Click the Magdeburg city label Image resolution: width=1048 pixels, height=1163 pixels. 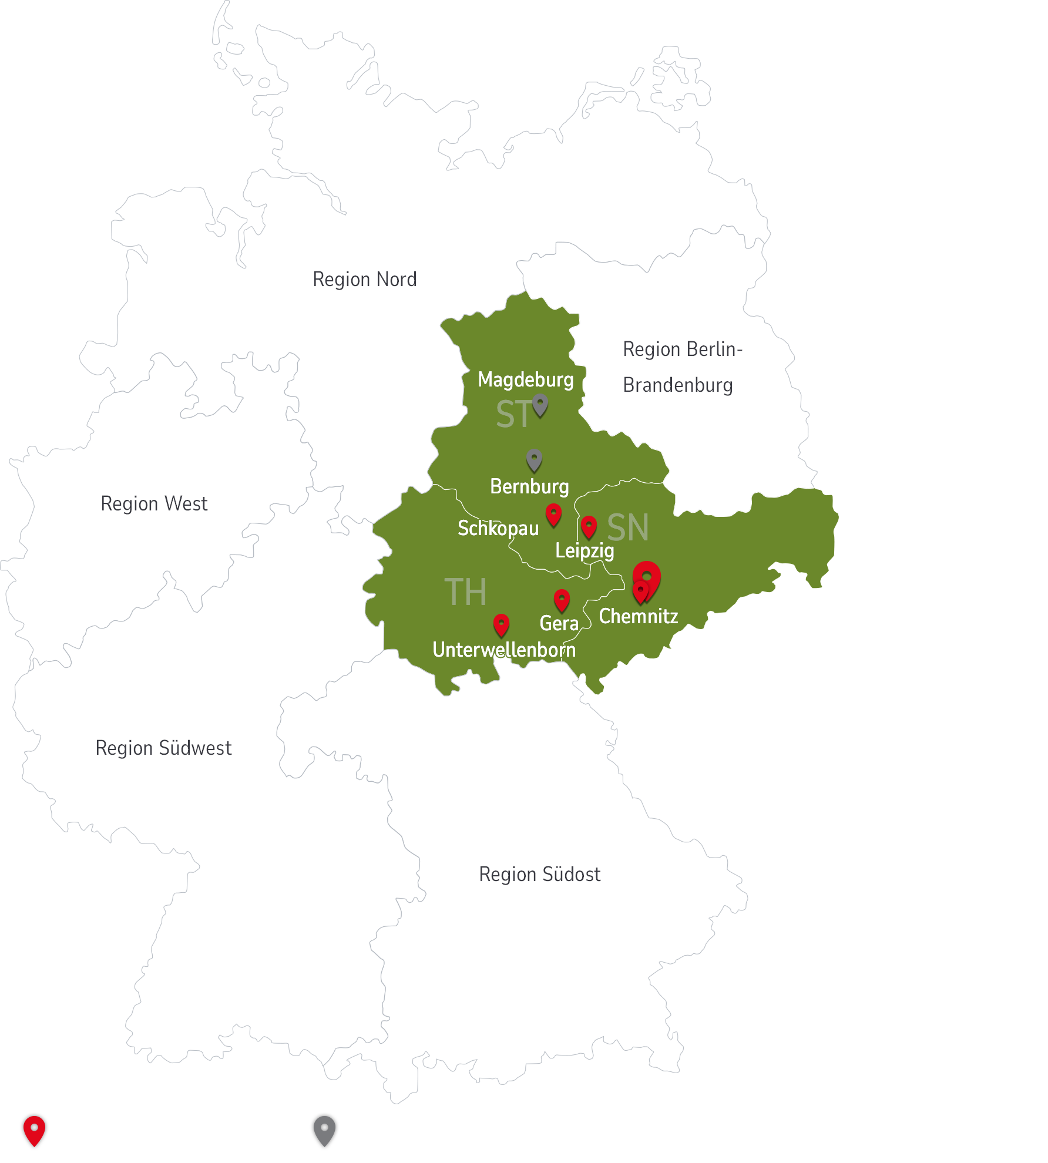[525, 379]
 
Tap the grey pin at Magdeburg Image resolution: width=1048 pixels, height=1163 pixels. [540, 405]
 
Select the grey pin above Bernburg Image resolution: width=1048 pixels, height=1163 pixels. [534, 460]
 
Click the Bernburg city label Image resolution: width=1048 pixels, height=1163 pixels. [529, 486]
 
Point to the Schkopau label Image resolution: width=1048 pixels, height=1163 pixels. [498, 528]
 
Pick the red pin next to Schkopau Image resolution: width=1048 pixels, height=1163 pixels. [553, 515]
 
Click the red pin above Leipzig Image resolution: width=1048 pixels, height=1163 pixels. [589, 526]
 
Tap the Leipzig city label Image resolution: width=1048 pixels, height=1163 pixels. [585, 550]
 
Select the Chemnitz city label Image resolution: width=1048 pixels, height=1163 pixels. [638, 616]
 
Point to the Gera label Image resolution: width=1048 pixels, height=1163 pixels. [559, 623]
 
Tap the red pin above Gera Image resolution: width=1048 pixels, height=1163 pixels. [562, 600]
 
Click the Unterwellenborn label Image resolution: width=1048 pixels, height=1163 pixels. [504, 650]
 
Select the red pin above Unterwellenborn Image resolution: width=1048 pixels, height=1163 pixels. [501, 625]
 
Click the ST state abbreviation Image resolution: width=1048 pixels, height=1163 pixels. [513, 414]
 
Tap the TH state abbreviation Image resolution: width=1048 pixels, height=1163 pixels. [465, 591]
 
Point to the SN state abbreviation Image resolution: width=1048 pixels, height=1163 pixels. [627, 527]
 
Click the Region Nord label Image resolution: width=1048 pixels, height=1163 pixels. [364, 279]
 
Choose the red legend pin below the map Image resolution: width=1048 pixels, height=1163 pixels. [34, 1130]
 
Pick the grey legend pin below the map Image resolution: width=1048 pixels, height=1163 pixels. [324, 1130]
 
